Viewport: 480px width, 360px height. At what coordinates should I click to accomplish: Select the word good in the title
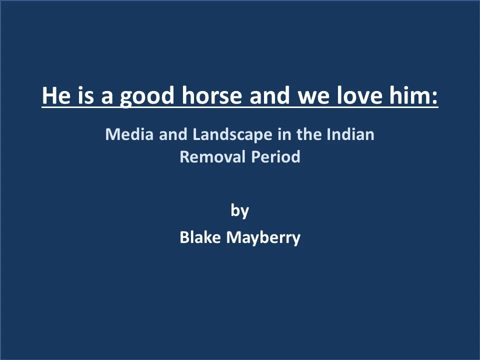tap(147, 96)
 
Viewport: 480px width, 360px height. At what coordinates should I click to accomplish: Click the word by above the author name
tap(240, 211)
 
